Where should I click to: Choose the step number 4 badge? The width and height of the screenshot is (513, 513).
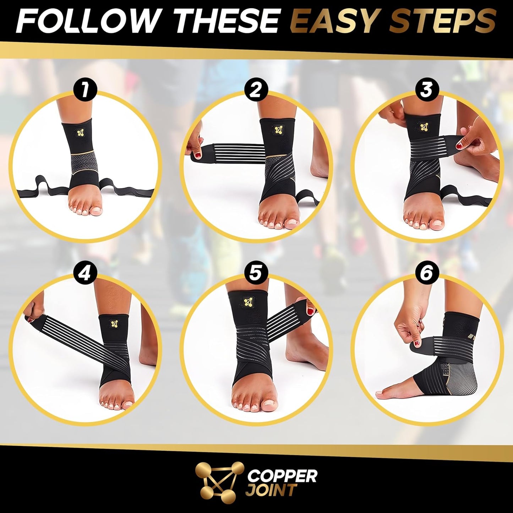click(84, 274)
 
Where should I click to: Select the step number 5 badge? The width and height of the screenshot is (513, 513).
click(256, 274)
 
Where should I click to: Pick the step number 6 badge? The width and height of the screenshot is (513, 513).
click(426, 274)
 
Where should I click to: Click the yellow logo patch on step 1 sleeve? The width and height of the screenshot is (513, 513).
click(82, 132)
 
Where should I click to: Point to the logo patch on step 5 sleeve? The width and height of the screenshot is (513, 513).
click(247, 303)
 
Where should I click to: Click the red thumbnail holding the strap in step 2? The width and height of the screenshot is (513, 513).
click(197, 153)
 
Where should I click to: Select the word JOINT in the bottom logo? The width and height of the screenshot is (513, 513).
click(271, 490)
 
